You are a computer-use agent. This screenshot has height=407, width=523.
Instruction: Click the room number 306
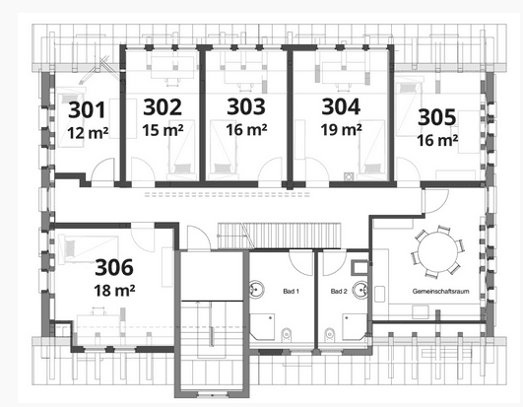point(114,266)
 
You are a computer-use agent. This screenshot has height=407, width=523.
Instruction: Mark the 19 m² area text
point(341,129)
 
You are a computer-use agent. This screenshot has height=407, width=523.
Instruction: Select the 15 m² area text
point(163,129)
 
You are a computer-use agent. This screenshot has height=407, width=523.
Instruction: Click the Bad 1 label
point(291,293)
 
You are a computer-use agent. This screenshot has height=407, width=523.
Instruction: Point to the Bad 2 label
point(339,293)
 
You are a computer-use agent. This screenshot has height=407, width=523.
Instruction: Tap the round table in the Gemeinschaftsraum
point(433,252)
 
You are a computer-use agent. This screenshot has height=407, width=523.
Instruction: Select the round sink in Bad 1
point(259,291)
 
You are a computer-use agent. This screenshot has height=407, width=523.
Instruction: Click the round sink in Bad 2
point(363,291)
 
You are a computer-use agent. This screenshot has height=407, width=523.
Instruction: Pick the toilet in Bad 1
point(286,333)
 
